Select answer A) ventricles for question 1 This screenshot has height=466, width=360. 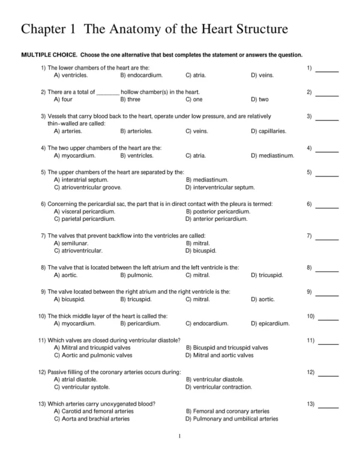[x=71, y=76]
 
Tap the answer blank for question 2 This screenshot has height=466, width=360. [x=327, y=95]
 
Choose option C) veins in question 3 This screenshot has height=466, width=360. [x=196, y=131]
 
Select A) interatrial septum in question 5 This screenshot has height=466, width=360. [x=81, y=179]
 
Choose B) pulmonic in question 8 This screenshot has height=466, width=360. [x=136, y=275]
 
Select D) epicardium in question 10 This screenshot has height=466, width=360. [x=269, y=323]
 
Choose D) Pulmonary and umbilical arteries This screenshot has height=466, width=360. [x=232, y=419]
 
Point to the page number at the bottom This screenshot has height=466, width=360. [x=180, y=435]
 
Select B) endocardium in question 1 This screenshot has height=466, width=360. [x=139, y=76]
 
